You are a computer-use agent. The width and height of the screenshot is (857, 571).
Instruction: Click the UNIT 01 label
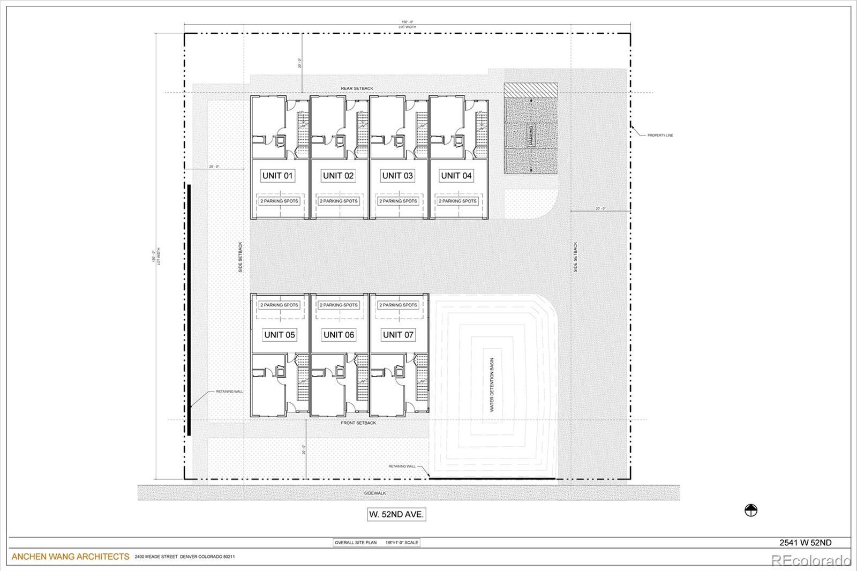pyautogui.click(x=277, y=175)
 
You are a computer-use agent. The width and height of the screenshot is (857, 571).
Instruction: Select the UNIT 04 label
pyautogui.click(x=456, y=175)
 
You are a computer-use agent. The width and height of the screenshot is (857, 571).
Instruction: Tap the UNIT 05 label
pyautogui.click(x=279, y=335)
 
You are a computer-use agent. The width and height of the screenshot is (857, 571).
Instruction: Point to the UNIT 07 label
pyautogui.click(x=398, y=335)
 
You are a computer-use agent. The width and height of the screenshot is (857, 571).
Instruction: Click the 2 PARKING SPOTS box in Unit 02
pyautogui.click(x=339, y=201)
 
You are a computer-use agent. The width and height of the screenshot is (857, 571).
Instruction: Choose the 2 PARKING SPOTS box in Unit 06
pyautogui.click(x=339, y=305)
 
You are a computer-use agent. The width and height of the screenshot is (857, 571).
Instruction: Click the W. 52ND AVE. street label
pyautogui.click(x=396, y=514)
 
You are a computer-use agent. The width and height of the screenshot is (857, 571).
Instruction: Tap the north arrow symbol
pyautogui.click(x=751, y=511)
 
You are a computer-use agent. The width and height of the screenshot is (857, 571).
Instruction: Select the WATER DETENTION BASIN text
pyautogui.click(x=492, y=385)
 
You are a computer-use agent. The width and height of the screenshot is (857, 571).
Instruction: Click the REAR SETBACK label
pyautogui.click(x=357, y=88)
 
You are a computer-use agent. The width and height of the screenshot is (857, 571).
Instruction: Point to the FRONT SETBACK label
pyautogui.click(x=358, y=423)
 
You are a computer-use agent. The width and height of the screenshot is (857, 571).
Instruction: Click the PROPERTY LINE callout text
pyautogui.click(x=660, y=136)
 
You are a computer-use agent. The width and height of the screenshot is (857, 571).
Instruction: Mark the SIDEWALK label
pyautogui.click(x=375, y=493)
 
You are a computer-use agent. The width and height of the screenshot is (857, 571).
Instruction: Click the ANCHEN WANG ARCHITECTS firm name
pyautogui.click(x=70, y=557)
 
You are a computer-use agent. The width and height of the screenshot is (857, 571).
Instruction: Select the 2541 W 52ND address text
pyautogui.click(x=805, y=543)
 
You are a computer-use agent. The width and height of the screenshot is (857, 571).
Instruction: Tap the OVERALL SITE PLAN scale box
pyautogui.click(x=377, y=543)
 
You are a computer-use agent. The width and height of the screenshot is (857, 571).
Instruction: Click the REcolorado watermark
pyautogui.click(x=810, y=561)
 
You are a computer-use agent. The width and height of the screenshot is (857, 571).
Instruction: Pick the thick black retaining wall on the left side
pyautogui.click(x=189, y=311)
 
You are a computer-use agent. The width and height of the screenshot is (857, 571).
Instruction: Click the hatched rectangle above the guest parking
pyautogui.click(x=531, y=89)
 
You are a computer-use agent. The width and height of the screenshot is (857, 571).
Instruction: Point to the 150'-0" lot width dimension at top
pyautogui.click(x=407, y=22)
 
